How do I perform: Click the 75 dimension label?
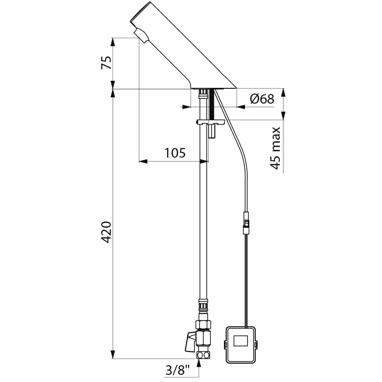coord(106,63)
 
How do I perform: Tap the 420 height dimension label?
coord(106,232)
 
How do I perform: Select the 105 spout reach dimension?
coord(175,153)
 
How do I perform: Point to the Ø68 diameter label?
coord(262,99)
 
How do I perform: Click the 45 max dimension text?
coord(276,148)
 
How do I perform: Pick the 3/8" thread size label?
coord(178,371)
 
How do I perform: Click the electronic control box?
coord(241,344)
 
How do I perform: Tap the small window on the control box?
coord(241,340)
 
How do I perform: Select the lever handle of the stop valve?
coord(191,342)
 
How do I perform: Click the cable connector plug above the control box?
coord(246,223)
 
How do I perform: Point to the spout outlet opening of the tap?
coord(141,36)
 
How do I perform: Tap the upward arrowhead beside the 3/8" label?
coord(199,363)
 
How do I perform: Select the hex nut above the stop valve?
coord(203,325)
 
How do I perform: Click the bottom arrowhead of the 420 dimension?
coord(113,354)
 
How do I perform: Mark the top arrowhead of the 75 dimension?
coord(113,42)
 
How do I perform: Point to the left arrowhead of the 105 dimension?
coord(143,161)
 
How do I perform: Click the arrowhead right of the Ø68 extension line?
coord(241,106)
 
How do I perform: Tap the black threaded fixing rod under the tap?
coord(212,104)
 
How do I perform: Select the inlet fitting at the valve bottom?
coord(203,355)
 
